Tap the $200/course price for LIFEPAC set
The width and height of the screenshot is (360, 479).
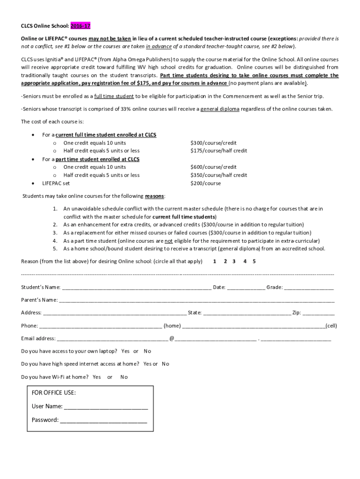pos(206,183)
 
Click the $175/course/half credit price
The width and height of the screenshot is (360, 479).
pos(219,151)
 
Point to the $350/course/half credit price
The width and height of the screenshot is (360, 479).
pos(219,175)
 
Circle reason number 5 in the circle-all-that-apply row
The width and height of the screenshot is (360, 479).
pos(254,261)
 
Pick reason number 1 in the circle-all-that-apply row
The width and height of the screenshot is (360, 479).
pos(215,261)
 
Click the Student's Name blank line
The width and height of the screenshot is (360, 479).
pos(136,287)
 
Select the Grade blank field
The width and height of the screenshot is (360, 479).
pos(309,287)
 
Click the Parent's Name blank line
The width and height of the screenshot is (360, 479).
pos(196,300)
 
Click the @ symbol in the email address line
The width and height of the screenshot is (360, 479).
pos(172,338)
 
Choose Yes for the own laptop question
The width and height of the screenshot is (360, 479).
pos(125,351)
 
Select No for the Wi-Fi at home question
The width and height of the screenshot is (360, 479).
pos(124,377)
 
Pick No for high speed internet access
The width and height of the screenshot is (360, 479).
pos(166,364)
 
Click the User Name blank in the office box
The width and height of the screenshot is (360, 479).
pos(106,406)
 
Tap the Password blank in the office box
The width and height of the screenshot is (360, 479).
pos(103,420)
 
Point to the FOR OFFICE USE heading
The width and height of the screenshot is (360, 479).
pos(54,393)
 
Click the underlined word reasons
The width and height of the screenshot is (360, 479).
pos(154,196)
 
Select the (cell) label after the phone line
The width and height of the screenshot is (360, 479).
pos(331,326)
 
